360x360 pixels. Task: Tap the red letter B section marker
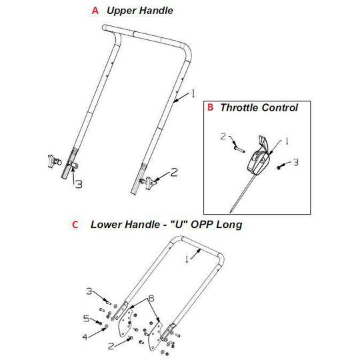click(x=210, y=107)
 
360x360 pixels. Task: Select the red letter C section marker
click(x=75, y=225)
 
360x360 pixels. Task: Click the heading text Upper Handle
click(x=140, y=11)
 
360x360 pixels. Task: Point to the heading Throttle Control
click(x=259, y=107)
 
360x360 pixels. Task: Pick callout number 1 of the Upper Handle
click(x=194, y=93)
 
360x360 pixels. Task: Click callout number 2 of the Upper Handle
click(x=174, y=172)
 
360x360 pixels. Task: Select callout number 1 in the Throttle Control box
click(x=287, y=141)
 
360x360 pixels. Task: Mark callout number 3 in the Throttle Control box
click(x=297, y=162)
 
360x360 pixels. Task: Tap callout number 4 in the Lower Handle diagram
click(x=85, y=337)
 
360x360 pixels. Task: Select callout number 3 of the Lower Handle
click(x=88, y=291)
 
